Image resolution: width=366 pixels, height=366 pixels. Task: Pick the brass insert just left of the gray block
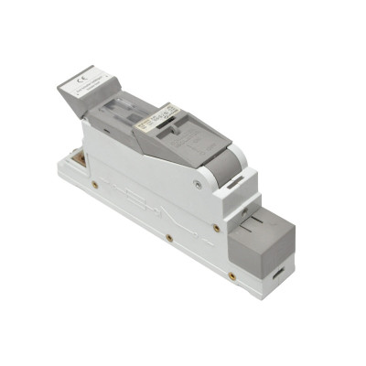point(215,228)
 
